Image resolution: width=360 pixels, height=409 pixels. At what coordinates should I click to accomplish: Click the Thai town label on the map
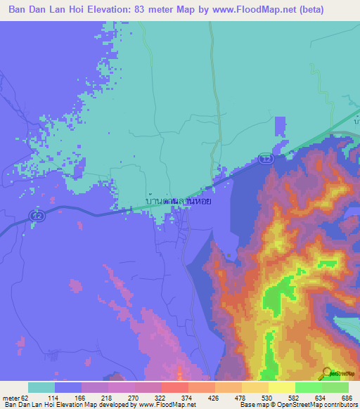click(178, 200)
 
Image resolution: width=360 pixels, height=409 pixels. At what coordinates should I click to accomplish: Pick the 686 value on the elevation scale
click(348, 398)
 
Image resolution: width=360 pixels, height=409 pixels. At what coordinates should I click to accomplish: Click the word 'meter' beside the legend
click(11, 398)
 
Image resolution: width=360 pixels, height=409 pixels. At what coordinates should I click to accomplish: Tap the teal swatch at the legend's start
click(41, 387)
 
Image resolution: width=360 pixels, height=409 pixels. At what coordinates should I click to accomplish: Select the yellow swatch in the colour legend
click(281, 387)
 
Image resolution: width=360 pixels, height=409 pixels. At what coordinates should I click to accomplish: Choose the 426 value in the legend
click(215, 398)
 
